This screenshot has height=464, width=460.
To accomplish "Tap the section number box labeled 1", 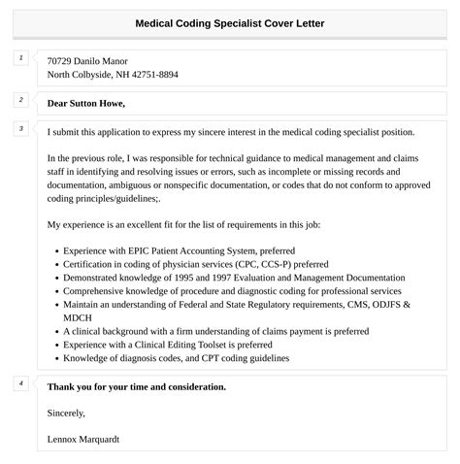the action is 20,59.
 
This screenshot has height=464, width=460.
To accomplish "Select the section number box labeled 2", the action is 20,99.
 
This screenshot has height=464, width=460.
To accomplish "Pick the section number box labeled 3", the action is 20,128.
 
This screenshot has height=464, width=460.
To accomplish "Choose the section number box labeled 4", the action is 20,383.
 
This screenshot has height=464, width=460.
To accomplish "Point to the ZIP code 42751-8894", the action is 154,75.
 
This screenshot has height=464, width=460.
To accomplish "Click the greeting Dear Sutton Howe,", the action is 86,103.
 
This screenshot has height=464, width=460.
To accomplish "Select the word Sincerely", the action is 66,414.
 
